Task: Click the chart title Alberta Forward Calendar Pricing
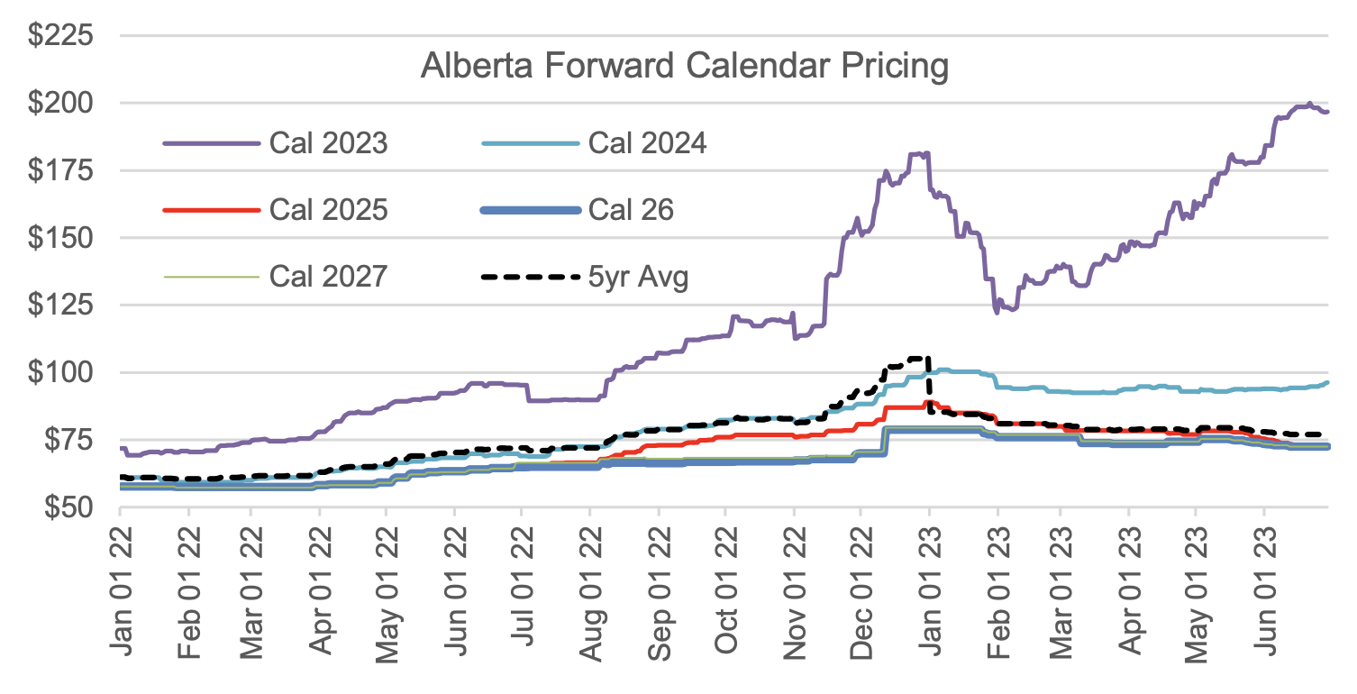[x=684, y=67]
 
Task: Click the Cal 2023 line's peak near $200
[x=1308, y=104]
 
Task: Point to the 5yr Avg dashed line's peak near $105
[x=917, y=358]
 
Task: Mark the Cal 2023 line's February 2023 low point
[x=997, y=312]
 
